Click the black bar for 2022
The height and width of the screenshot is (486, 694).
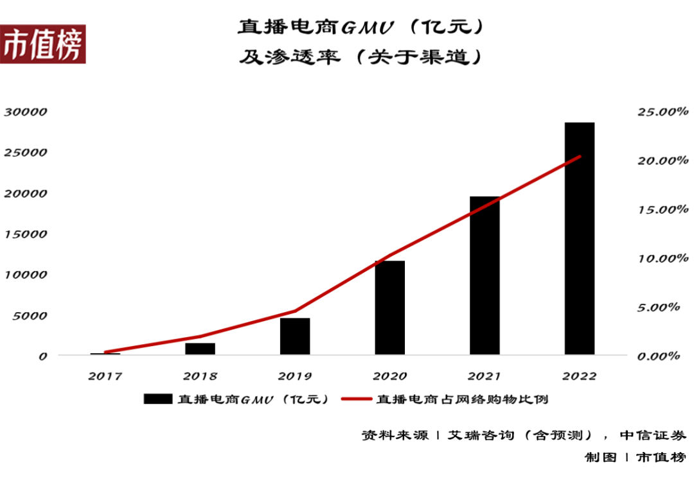pyautogui.click(x=579, y=238)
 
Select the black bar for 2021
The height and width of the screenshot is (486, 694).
pyautogui.click(x=485, y=275)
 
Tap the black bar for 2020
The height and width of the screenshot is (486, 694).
pyautogui.click(x=390, y=308)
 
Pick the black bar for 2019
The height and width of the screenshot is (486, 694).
pyautogui.click(x=295, y=336)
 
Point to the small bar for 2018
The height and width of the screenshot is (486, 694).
pyautogui.click(x=200, y=349)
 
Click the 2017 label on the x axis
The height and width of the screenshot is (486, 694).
pyautogui.click(x=105, y=376)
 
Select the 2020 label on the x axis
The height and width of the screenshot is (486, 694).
pyautogui.click(x=390, y=376)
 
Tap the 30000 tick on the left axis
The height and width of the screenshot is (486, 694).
pyautogui.click(x=26, y=112)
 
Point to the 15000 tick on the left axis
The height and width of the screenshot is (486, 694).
pyautogui.click(x=26, y=234)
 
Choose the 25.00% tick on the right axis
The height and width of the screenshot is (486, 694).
pyautogui.click(x=658, y=112)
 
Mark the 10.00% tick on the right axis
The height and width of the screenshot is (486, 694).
pyautogui.click(x=658, y=258)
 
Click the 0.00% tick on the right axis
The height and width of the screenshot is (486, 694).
pyautogui.click(x=658, y=356)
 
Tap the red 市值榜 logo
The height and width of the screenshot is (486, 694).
pyautogui.click(x=42, y=45)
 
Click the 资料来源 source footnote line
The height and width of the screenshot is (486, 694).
pyautogui.click(x=523, y=435)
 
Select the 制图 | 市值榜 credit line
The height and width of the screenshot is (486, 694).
pyautogui.click(x=634, y=457)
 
